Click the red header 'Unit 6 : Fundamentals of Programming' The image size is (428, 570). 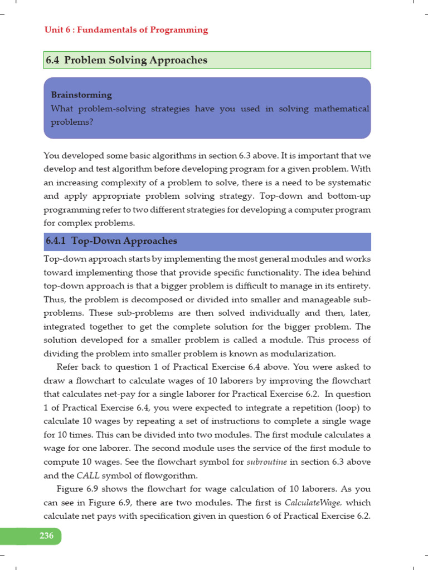click(126, 30)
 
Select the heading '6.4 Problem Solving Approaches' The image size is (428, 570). click(127, 60)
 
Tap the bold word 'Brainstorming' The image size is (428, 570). click(81, 95)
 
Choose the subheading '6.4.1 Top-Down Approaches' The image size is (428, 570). click(111, 241)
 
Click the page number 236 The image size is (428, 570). click(46, 536)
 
